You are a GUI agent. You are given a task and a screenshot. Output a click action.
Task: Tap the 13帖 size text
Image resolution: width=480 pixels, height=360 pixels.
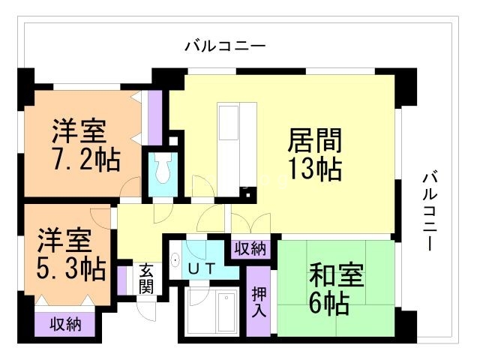[315, 169]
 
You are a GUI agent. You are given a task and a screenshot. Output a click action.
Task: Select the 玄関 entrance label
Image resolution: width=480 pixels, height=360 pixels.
[146, 277]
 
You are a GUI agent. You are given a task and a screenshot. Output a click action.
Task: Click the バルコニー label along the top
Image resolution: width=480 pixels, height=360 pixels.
[225, 46]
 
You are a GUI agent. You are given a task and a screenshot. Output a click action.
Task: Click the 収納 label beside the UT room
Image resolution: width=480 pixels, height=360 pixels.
[250, 248]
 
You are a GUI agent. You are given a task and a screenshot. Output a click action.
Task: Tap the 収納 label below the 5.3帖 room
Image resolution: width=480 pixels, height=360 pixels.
[65, 325]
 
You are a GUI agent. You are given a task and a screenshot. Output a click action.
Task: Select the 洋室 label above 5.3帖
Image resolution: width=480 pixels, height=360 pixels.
[66, 240]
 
